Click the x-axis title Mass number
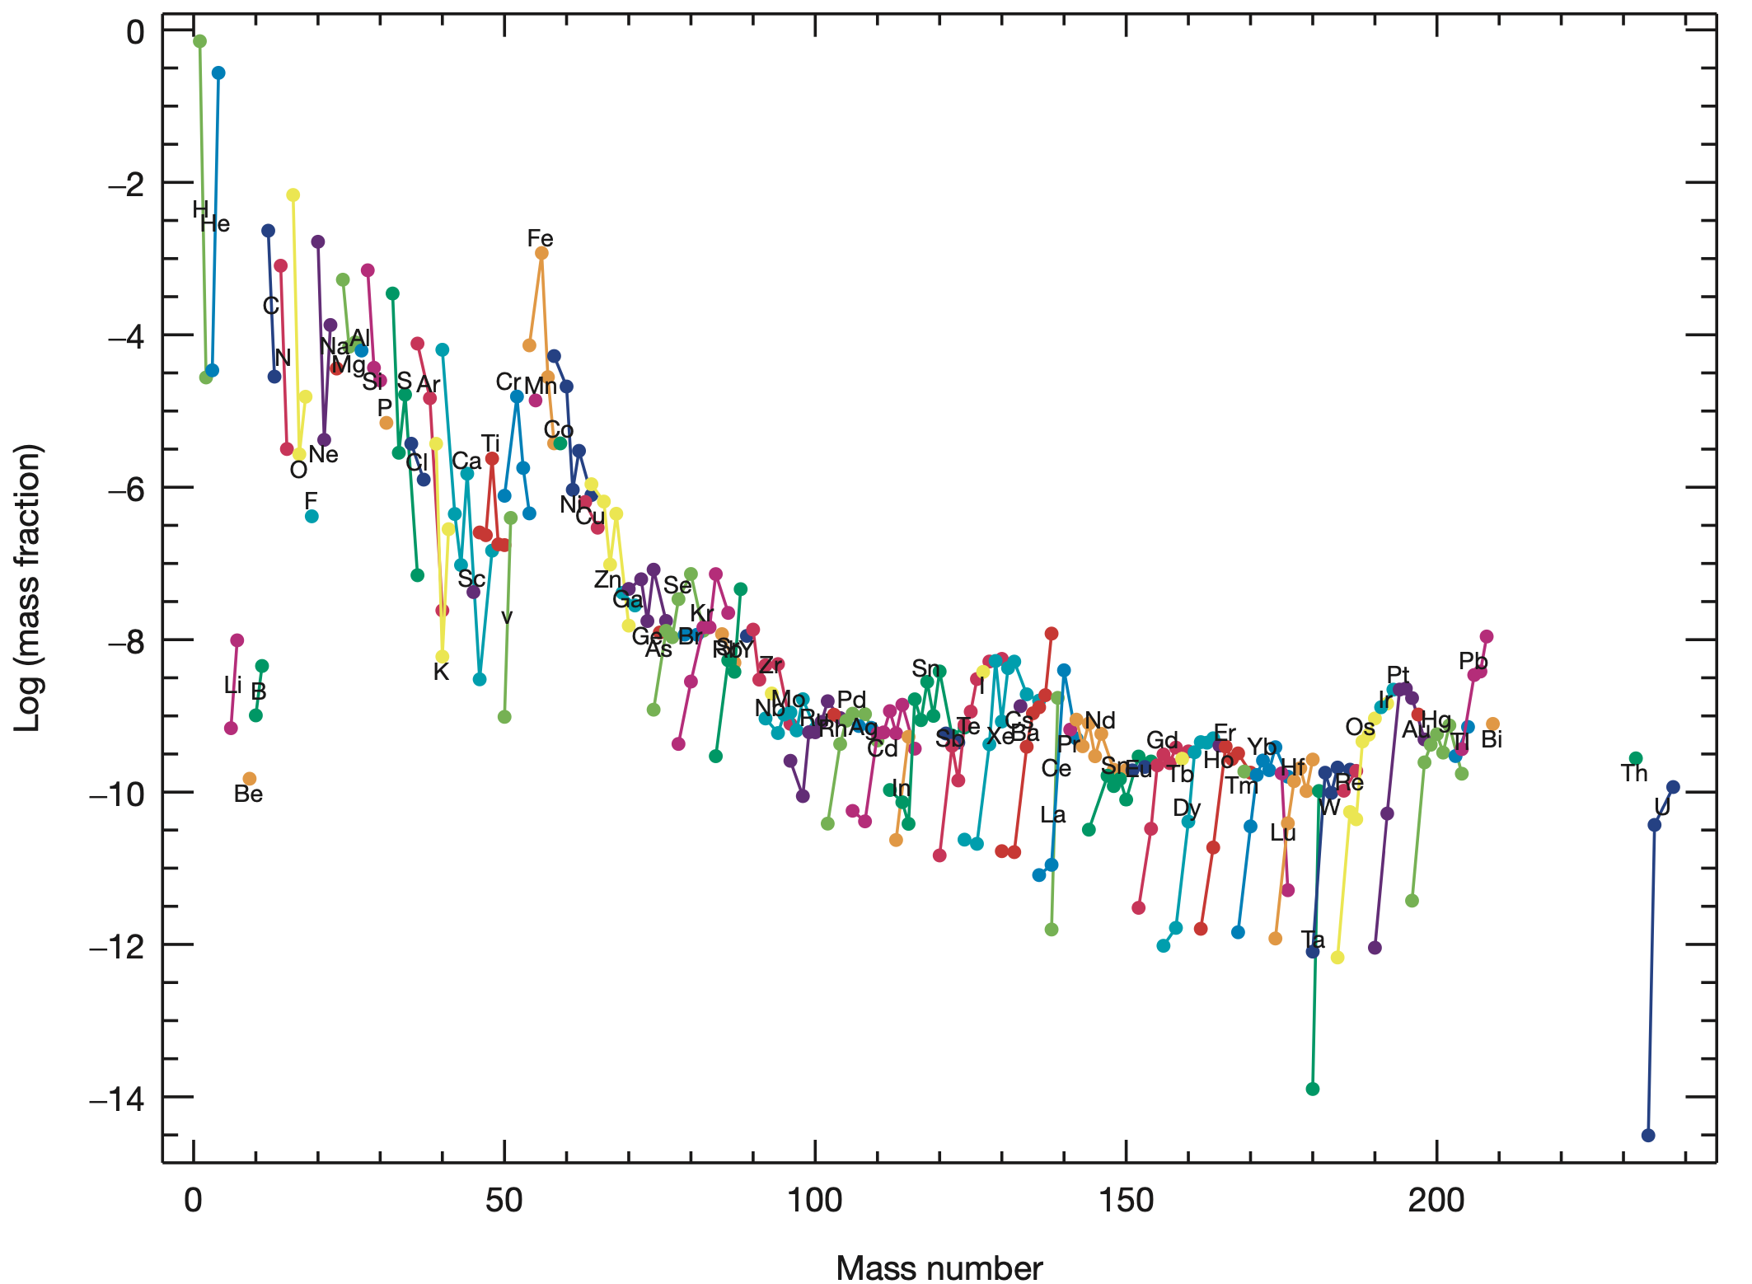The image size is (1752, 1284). [939, 1268]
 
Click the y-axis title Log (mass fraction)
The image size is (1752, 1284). [28, 588]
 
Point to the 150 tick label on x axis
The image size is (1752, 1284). [1126, 1200]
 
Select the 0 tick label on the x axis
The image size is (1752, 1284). [194, 1200]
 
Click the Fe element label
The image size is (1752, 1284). [540, 238]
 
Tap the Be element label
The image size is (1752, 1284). [248, 794]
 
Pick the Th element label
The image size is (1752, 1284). [1633, 773]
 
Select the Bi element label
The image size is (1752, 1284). [1492, 739]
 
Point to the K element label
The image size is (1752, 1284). [441, 672]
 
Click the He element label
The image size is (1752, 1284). [215, 223]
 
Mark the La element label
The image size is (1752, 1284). [1052, 815]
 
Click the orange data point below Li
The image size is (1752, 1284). [250, 779]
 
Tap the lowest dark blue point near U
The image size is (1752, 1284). [1648, 1136]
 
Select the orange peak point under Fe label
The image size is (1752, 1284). [541, 253]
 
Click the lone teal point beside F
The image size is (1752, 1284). [312, 516]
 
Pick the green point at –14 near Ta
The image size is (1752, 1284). [1313, 1089]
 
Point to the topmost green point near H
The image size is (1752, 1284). [199, 41]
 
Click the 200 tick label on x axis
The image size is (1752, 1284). [1436, 1200]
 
